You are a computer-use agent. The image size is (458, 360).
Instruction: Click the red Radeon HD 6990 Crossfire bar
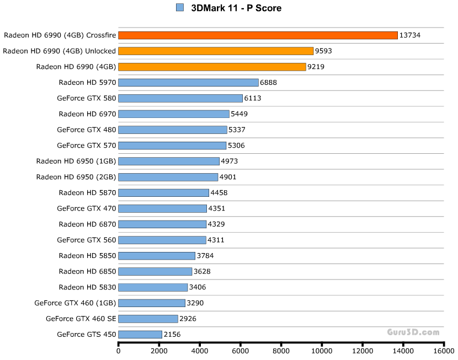(x=258, y=35)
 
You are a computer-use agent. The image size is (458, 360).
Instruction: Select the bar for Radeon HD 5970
(x=188, y=83)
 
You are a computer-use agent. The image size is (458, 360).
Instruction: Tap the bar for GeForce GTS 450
(x=140, y=334)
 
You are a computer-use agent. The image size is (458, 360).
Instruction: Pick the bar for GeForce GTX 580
(x=180, y=98)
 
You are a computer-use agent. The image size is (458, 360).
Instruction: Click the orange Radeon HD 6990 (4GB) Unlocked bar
(x=216, y=51)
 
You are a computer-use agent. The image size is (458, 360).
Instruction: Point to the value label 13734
(x=410, y=35)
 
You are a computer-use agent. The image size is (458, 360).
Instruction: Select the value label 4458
(x=219, y=193)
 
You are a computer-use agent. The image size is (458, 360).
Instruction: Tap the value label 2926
(x=188, y=319)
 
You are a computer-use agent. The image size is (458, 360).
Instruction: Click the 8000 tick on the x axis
(x=281, y=350)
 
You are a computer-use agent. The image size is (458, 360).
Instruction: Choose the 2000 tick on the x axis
(x=159, y=350)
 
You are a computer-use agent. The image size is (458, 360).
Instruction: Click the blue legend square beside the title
(x=180, y=8)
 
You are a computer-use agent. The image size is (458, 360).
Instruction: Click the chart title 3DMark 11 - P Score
(x=236, y=8)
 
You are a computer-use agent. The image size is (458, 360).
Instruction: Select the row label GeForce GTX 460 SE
(x=81, y=319)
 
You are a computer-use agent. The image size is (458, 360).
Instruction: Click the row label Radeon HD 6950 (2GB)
(x=76, y=177)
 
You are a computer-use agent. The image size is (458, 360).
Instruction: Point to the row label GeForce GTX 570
(x=86, y=146)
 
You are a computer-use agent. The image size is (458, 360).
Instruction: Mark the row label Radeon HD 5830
(x=87, y=287)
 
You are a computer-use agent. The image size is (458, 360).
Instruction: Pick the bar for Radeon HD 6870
(x=162, y=224)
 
